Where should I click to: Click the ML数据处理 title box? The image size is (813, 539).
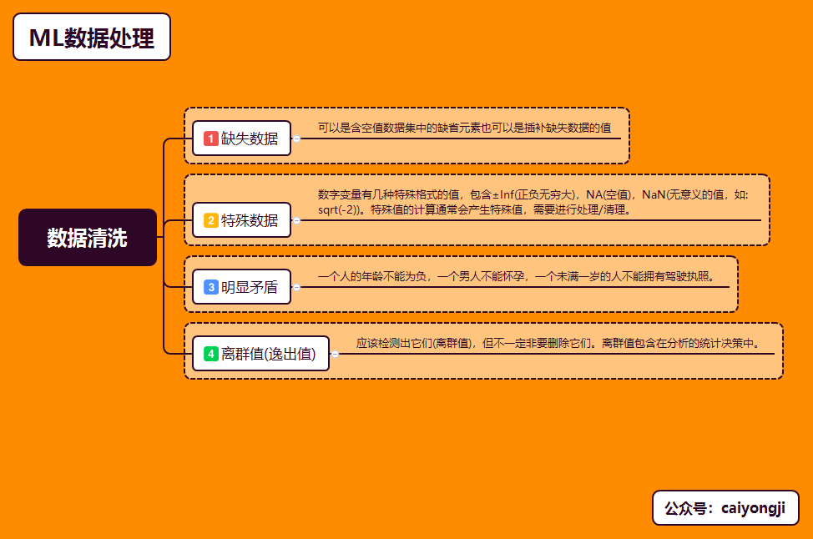[92, 38]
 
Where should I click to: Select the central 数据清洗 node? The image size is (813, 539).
[88, 238]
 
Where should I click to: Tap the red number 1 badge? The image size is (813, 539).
[211, 139]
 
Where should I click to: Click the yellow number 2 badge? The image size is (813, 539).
[211, 220]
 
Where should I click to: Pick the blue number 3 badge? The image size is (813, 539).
[211, 287]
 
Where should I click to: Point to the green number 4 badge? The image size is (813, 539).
[211, 354]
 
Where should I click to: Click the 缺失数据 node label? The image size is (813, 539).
[250, 139]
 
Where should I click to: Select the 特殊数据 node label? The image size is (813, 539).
[250, 220]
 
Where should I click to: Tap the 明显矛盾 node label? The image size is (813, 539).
[250, 287]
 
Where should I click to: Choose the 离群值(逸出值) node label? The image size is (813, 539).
[269, 354]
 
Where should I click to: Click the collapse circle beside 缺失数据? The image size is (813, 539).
[296, 139]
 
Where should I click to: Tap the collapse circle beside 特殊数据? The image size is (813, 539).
[296, 221]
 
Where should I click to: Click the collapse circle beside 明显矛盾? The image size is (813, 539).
[296, 288]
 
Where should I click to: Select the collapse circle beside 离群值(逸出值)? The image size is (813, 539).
[335, 355]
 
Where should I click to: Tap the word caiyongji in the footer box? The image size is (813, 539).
[752, 508]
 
